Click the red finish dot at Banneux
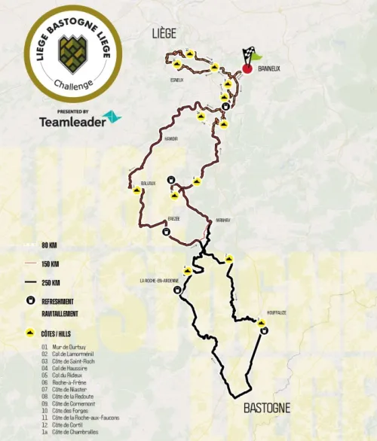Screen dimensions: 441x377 tap(247, 69)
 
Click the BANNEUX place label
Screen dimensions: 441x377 tap(268, 68)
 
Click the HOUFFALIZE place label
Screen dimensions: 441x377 tap(276, 313)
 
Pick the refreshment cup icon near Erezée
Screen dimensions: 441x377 tap(165, 232)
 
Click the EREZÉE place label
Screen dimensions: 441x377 tap(173, 218)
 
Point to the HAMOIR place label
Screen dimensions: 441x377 tap(170, 139)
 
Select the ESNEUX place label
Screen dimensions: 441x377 tap(177, 80)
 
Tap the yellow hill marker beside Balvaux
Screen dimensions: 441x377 tap(136, 190)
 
